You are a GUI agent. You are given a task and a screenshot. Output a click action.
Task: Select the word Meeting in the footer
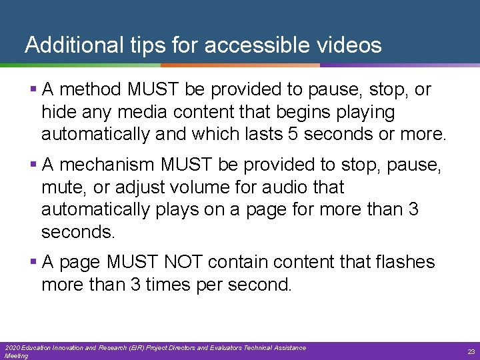(16, 356)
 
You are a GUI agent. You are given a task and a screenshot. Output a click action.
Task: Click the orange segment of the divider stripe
(240, 65)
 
